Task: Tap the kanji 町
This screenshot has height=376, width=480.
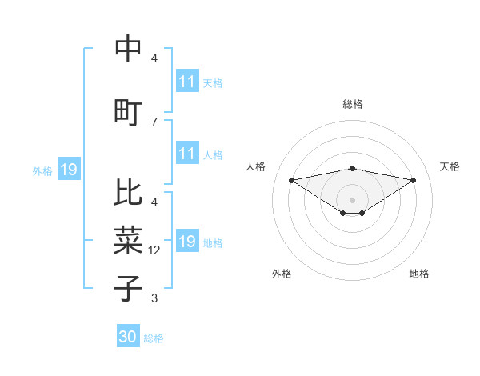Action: click(128, 112)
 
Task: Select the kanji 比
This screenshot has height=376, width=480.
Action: click(128, 192)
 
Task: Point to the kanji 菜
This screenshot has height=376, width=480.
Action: click(128, 238)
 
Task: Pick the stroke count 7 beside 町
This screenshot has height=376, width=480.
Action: click(154, 122)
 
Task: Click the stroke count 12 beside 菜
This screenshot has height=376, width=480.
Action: click(156, 250)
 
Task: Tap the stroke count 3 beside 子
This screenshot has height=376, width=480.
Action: click(154, 298)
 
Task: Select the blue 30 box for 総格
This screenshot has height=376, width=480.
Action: click(128, 337)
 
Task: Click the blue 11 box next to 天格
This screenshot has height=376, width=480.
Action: click(187, 82)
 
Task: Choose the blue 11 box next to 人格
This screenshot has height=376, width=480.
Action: click(187, 154)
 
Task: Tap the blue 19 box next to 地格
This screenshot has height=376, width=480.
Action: click(187, 242)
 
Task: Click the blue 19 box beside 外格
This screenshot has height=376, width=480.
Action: click(68, 170)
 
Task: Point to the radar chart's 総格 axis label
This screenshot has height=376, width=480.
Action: click(353, 104)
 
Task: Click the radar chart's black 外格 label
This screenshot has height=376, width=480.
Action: click(282, 274)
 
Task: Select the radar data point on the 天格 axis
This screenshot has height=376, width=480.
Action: click(414, 180)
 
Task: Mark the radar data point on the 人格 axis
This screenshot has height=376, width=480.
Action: click(291, 179)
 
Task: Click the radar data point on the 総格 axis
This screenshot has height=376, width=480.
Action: click(353, 168)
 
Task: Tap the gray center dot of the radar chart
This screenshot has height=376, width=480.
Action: click(353, 198)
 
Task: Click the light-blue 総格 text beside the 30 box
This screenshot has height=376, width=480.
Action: click(154, 338)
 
